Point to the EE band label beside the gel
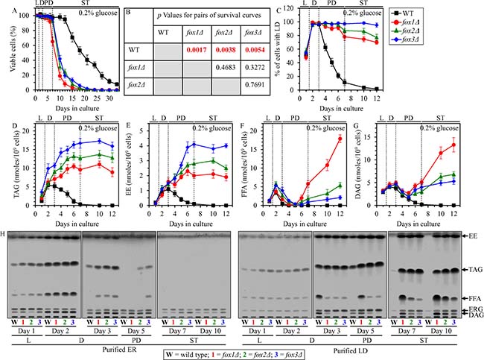[x=471, y=235]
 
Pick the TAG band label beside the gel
[x=471, y=268]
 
